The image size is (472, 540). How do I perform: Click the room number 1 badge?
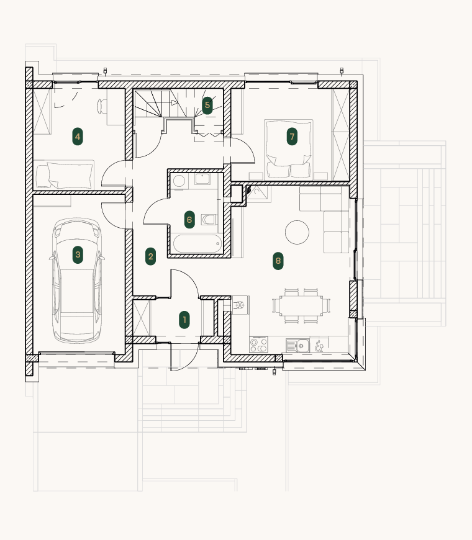(x=184, y=320)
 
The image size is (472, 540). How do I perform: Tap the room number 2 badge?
(x=150, y=256)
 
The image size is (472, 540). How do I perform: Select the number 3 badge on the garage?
(x=78, y=254)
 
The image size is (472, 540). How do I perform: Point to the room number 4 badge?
(x=78, y=137)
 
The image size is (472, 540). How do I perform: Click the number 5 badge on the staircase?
(x=207, y=105)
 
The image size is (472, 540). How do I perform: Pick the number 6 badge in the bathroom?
(x=189, y=219)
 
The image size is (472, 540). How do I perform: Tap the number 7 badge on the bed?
(x=292, y=137)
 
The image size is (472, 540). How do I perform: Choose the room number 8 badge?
(x=278, y=261)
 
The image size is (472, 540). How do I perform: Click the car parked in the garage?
(x=77, y=281)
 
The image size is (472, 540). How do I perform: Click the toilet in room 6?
(x=209, y=219)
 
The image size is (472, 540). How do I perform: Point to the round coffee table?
(x=297, y=233)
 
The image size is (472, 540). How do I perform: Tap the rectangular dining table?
(x=301, y=305)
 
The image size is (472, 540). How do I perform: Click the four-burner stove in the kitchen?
(x=258, y=344)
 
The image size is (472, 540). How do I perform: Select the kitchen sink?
(x=297, y=346)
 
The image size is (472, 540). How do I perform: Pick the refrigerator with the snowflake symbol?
(x=240, y=305)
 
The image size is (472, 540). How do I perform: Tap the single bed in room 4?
(x=64, y=175)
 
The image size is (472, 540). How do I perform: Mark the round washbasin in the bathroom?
(x=179, y=181)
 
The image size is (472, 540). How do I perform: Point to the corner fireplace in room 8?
(x=258, y=193)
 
